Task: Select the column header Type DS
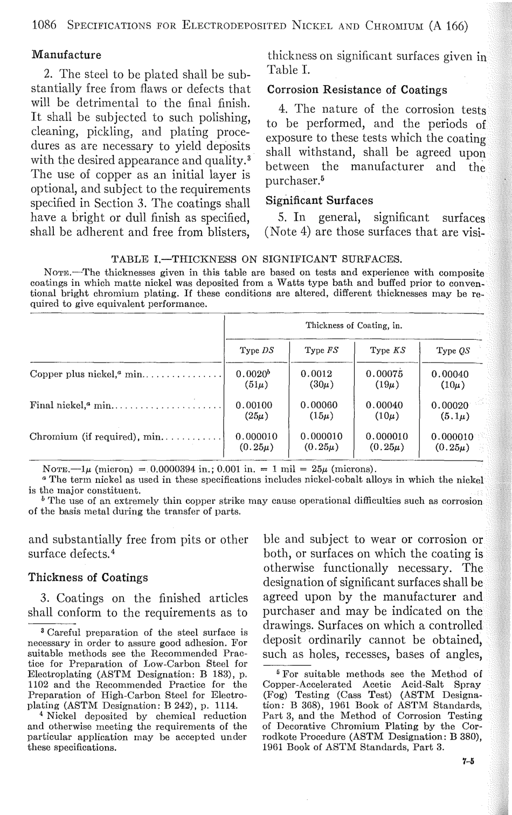(257, 350)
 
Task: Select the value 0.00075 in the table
(386, 374)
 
